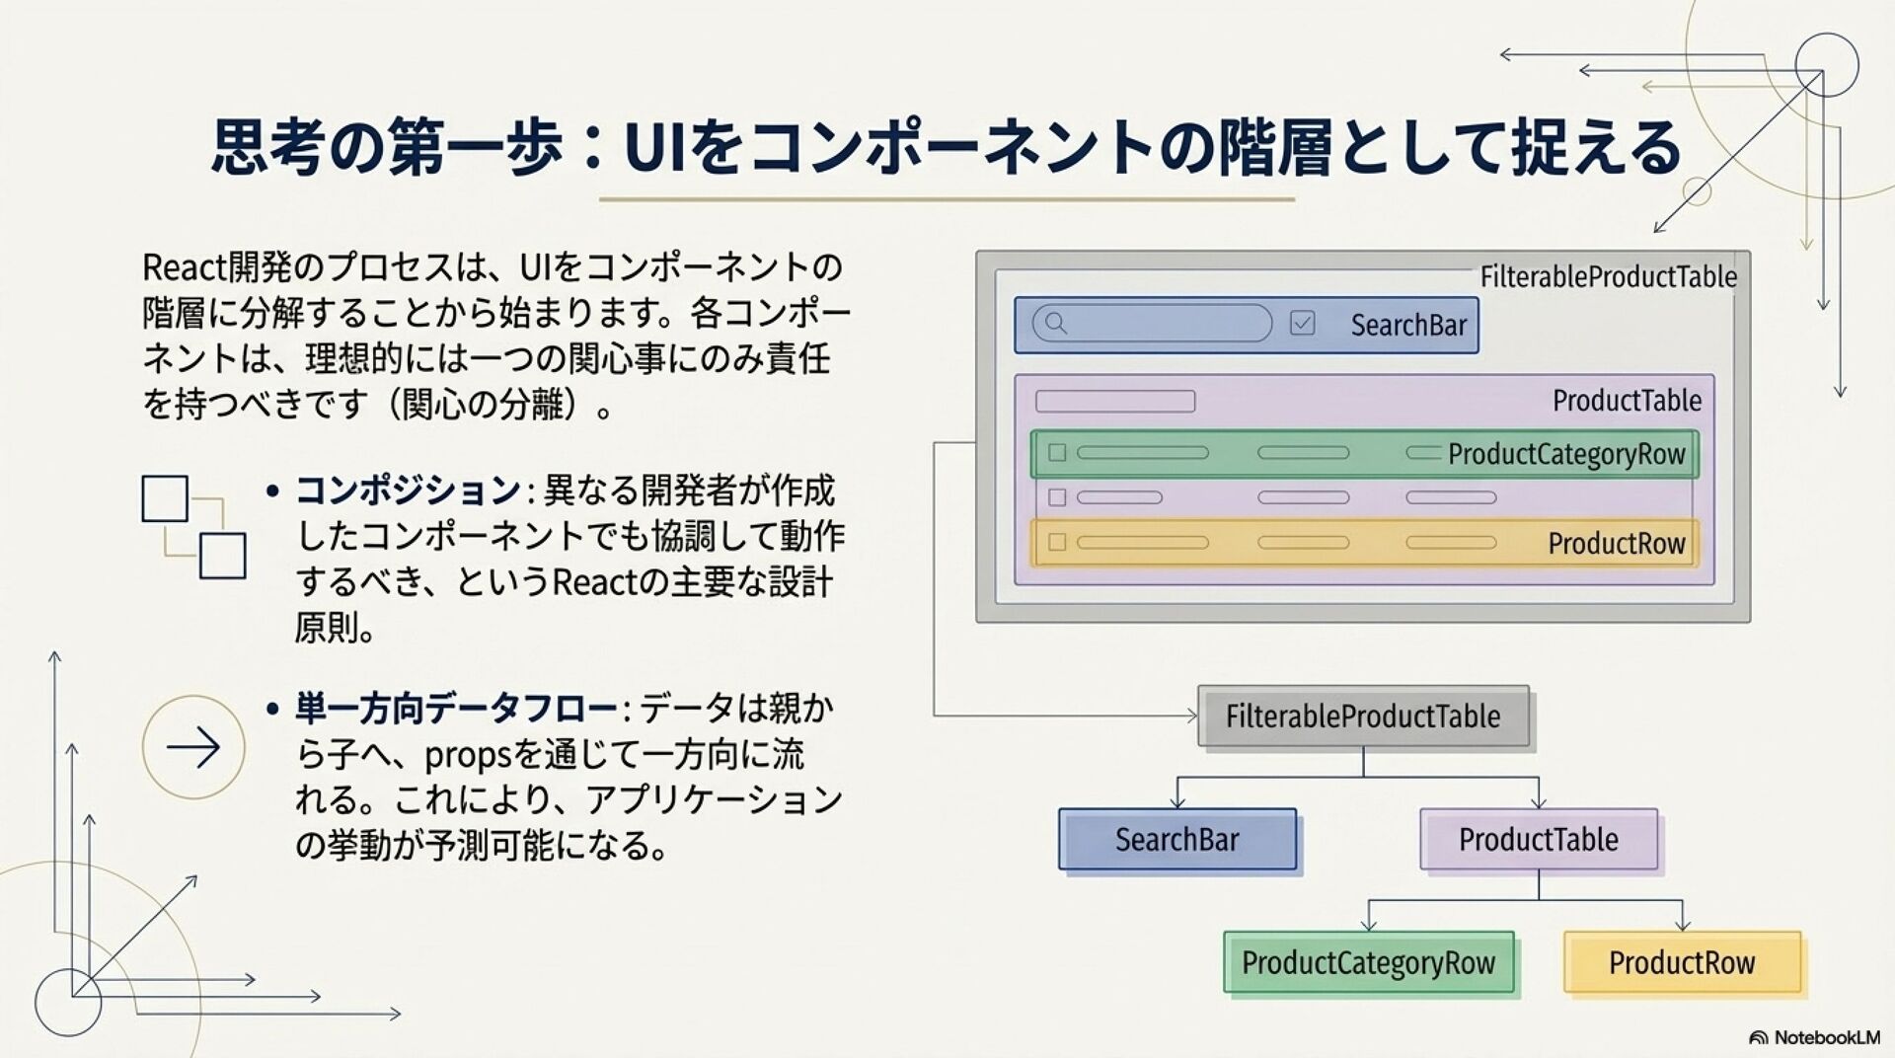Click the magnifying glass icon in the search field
click(x=1055, y=323)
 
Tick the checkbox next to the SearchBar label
click(x=1303, y=323)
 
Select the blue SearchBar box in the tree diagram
click(x=1176, y=839)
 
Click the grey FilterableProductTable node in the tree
click(x=1363, y=716)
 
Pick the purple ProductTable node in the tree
click(x=1538, y=839)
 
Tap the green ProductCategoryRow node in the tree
click(x=1368, y=962)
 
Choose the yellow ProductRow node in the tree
click(x=1682, y=962)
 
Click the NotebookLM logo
click(x=1814, y=1037)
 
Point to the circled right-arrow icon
click(x=193, y=747)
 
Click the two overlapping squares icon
click(x=193, y=527)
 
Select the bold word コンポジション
click(x=408, y=491)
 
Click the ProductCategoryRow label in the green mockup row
click(x=1566, y=454)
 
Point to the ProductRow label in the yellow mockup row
click(x=1616, y=543)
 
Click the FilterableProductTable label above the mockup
click(x=1608, y=277)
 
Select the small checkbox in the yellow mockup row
click(x=1057, y=542)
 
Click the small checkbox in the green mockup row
click(x=1057, y=453)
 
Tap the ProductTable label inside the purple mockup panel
click(x=1627, y=401)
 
